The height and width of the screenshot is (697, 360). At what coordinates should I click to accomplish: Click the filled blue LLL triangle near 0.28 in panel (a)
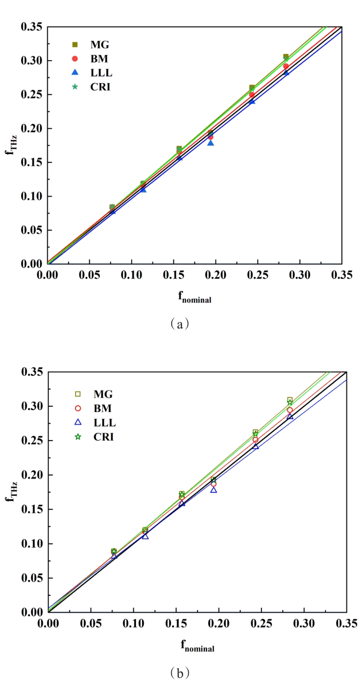tap(286, 73)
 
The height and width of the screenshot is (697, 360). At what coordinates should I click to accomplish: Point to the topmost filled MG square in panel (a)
tap(286, 57)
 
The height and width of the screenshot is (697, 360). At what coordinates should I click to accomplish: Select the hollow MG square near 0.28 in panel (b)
tap(290, 400)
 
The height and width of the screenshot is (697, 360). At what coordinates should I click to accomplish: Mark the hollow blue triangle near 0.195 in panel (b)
tap(213, 489)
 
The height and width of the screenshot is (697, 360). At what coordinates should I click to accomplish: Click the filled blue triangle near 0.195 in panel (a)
tap(211, 142)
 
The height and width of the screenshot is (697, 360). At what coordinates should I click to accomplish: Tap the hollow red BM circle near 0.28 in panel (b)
tap(290, 410)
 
